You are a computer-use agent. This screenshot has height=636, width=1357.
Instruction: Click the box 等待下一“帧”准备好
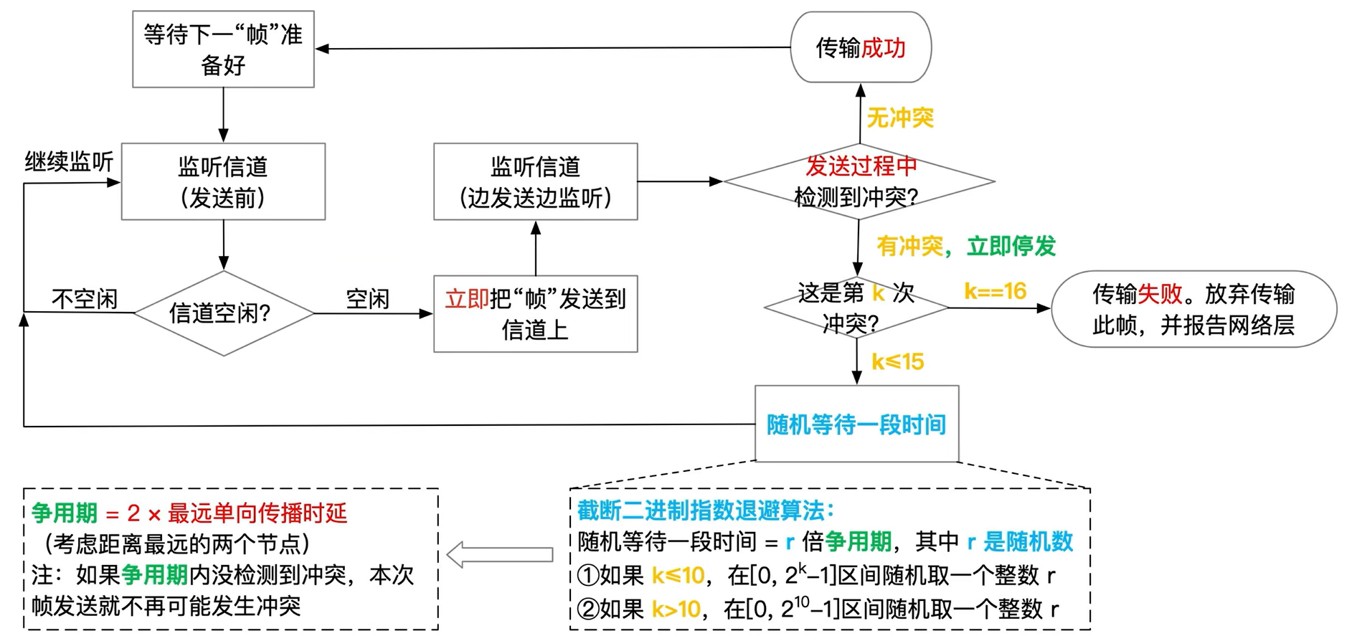(x=223, y=49)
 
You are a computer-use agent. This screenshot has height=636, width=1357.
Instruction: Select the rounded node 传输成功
(x=860, y=47)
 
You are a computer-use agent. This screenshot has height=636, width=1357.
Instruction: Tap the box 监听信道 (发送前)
(x=223, y=181)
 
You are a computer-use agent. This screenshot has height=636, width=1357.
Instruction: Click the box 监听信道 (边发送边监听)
(x=535, y=181)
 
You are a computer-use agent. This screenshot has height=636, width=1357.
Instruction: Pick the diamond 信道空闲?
(x=223, y=313)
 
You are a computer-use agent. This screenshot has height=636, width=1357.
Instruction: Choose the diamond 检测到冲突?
(x=858, y=181)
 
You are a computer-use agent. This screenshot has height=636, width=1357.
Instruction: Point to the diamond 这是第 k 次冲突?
(x=856, y=308)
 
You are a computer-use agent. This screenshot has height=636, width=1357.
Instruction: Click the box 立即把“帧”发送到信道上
(x=535, y=314)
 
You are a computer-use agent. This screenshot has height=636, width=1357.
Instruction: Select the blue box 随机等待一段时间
(x=856, y=424)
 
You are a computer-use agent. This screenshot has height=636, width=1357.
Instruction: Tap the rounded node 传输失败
(x=1193, y=309)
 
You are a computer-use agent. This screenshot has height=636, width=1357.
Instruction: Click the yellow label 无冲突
(x=900, y=118)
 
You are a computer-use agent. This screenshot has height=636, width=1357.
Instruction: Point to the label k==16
(x=995, y=291)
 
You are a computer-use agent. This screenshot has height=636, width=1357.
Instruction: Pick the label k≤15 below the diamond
(x=897, y=362)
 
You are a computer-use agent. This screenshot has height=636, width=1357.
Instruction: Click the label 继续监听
(x=69, y=162)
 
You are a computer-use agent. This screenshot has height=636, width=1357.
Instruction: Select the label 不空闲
(x=85, y=298)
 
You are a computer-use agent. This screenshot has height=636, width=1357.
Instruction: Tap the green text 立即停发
(x=1011, y=246)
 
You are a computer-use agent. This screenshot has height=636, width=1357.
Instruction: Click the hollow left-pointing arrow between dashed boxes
(x=500, y=554)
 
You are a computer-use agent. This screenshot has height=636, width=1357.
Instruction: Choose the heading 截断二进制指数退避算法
(x=705, y=511)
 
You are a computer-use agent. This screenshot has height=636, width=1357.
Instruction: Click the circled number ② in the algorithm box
(x=588, y=609)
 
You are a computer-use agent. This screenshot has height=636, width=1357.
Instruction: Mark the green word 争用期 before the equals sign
(x=65, y=513)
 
